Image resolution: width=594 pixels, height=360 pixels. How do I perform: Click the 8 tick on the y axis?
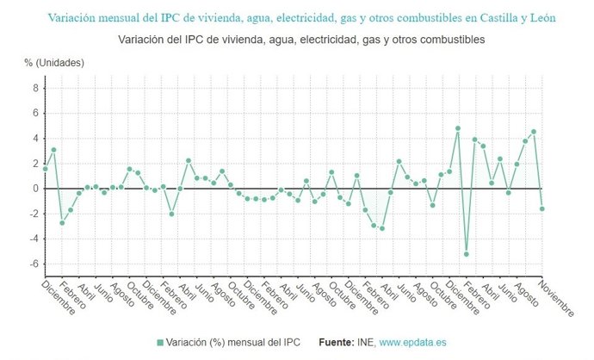coord(34,88)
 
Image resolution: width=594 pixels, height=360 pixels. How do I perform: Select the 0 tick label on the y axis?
coord(34,189)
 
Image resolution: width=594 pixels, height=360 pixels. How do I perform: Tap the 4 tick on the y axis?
coord(34,139)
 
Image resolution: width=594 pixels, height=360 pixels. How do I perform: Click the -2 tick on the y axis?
coord(33,214)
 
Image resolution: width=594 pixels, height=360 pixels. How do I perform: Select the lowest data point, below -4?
coord(467,254)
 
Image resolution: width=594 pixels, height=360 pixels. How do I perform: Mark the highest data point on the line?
coord(458,128)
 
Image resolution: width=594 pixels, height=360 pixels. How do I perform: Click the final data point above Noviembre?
coord(542,208)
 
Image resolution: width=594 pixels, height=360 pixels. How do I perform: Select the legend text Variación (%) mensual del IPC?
coord(235,343)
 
